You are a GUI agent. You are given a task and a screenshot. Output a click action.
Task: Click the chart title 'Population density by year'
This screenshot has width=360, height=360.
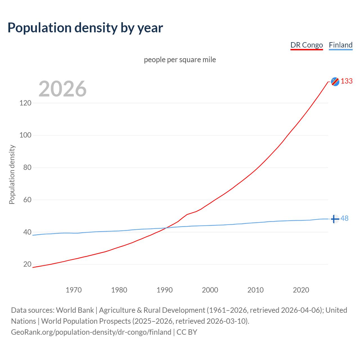[85, 28]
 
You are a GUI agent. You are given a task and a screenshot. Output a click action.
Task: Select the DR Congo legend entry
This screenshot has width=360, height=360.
[307, 45]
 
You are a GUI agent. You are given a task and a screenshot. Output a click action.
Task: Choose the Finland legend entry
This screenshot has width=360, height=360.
[341, 45]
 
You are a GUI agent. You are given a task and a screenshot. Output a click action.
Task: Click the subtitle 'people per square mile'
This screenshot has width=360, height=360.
[180, 60]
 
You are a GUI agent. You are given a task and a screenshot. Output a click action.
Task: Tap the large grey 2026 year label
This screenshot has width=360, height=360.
[62, 89]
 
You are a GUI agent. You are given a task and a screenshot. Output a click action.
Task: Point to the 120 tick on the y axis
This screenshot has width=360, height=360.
[25, 103]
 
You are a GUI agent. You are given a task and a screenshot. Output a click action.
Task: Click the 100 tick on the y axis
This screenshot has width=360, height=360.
[25, 135]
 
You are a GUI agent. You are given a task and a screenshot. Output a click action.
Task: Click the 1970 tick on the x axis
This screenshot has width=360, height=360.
[74, 290]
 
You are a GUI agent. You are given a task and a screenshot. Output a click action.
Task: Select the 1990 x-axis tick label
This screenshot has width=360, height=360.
[165, 290]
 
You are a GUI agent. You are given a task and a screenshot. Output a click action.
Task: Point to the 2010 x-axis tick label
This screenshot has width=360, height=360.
[255, 290]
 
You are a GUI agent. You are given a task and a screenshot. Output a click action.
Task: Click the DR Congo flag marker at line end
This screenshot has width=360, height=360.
[335, 82]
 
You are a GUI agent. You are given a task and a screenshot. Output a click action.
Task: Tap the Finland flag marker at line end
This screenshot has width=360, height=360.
[335, 219]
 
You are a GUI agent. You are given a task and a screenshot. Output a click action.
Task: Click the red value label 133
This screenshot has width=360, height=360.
[346, 81]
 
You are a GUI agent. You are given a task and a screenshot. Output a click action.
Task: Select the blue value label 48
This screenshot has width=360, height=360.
[345, 219]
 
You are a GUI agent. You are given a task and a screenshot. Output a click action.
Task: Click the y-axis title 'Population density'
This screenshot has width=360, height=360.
[12, 174]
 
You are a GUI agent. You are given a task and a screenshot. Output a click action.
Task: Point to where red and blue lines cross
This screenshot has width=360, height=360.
[166, 228]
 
